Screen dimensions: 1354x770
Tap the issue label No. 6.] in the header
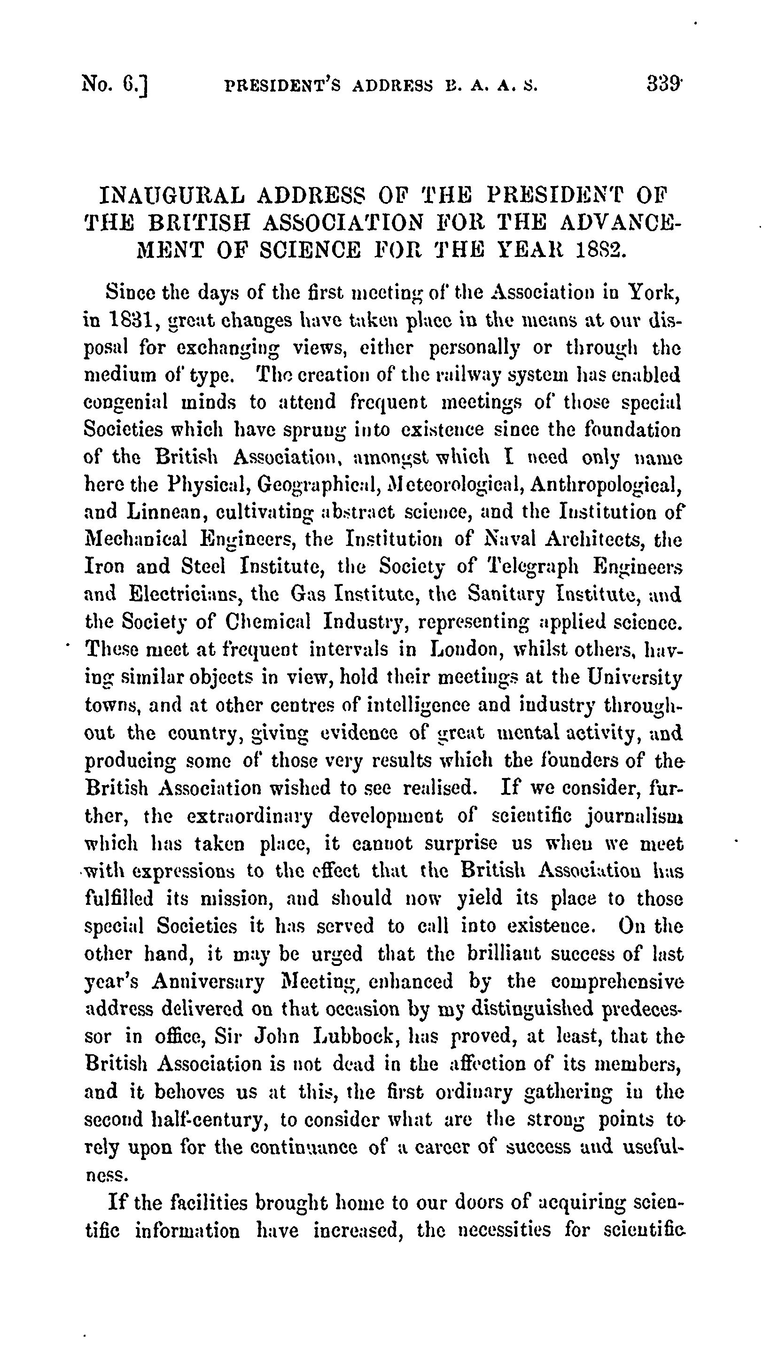pos(115,85)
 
